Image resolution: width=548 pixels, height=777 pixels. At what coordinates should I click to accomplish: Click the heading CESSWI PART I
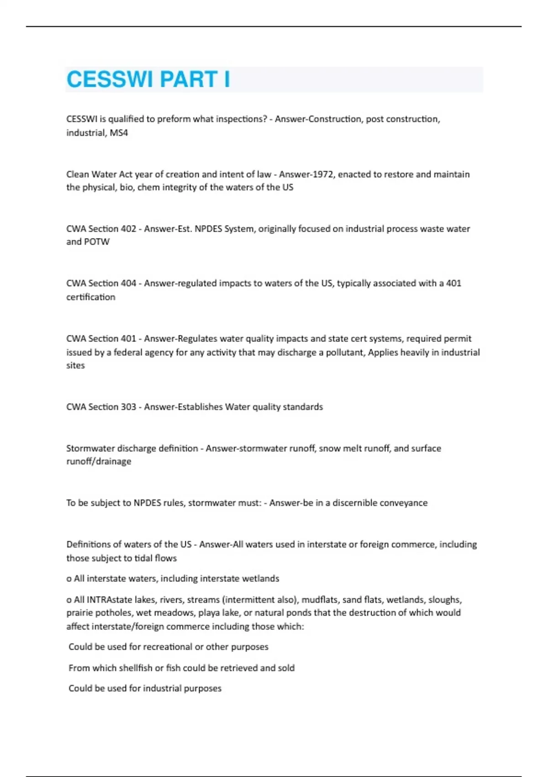(148, 80)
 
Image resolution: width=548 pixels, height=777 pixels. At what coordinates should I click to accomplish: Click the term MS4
(119, 133)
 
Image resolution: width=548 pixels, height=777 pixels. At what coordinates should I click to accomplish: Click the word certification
(90, 297)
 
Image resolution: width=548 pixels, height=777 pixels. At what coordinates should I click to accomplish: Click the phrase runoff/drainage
(99, 462)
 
